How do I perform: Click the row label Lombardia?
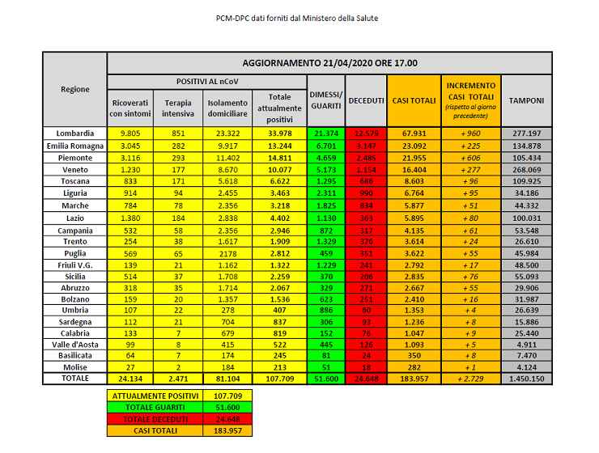(x=74, y=133)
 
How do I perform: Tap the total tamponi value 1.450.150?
(x=526, y=378)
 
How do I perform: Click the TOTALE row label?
(x=74, y=378)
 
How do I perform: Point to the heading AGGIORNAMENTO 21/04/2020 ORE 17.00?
(x=329, y=62)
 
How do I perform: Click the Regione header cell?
(x=74, y=89)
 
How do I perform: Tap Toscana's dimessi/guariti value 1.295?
(x=326, y=183)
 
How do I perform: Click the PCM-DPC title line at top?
(x=299, y=18)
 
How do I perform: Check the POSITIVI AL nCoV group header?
(x=206, y=83)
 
